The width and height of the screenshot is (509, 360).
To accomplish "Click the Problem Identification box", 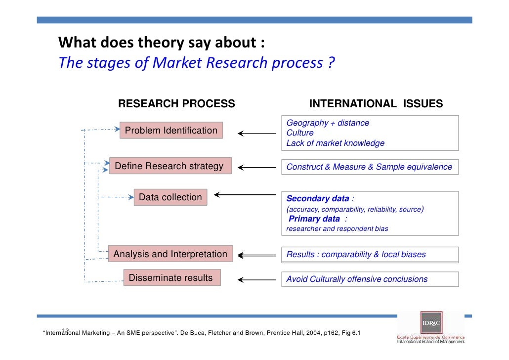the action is (171, 131).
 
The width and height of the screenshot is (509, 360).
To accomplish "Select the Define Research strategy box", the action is (169, 166).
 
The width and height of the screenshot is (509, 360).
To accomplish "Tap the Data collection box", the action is (170, 197).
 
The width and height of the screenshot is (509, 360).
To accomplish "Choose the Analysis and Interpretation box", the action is (170, 254).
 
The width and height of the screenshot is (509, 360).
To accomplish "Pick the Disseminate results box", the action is (170, 278).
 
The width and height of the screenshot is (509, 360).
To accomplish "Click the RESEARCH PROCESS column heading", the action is (176, 104).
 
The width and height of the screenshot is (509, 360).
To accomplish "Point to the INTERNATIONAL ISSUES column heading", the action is (376, 104).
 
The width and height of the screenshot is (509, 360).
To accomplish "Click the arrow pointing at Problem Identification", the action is (257, 133).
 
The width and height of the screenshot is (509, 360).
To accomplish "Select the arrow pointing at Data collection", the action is (245, 194).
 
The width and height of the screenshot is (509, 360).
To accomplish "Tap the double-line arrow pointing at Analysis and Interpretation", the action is (257, 256).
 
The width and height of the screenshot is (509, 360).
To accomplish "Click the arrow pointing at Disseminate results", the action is (257, 280).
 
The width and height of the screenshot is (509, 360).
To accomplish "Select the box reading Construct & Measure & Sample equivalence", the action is (370, 167).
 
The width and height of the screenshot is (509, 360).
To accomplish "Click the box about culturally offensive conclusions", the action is (370, 279).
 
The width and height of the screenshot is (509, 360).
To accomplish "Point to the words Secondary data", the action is (318, 199).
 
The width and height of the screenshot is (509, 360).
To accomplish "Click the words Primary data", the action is (314, 219).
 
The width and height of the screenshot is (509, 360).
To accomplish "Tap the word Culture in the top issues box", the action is (300, 133).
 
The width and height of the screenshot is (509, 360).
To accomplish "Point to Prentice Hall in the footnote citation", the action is (288, 332).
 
